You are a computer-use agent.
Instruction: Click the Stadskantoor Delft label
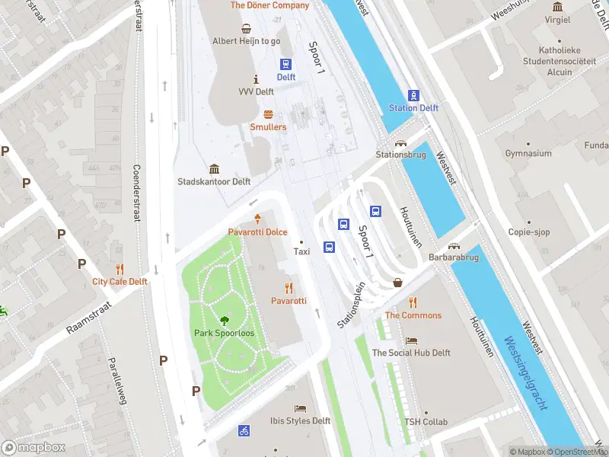(x=214, y=182)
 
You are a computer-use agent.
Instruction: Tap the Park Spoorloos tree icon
(x=225, y=321)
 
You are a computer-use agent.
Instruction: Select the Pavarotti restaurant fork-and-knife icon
(x=289, y=288)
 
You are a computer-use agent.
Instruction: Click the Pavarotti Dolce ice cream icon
(x=257, y=219)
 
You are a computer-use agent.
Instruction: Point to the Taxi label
(x=302, y=251)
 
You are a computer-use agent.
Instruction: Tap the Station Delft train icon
(x=413, y=95)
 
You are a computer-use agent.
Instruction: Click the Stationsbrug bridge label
(x=400, y=155)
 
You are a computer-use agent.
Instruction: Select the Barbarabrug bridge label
(x=454, y=257)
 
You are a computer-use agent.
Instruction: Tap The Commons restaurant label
(x=413, y=315)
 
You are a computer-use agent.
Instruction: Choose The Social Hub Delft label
(x=411, y=353)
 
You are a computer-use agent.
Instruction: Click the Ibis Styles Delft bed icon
(x=300, y=408)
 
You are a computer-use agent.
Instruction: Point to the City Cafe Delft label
(x=120, y=281)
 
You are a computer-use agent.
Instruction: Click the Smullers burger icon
(x=268, y=114)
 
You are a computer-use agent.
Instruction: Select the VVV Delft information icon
(x=256, y=79)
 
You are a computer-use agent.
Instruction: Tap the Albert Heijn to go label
(x=246, y=41)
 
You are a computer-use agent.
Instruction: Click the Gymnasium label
(x=528, y=154)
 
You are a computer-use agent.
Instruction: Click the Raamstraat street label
(x=89, y=316)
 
